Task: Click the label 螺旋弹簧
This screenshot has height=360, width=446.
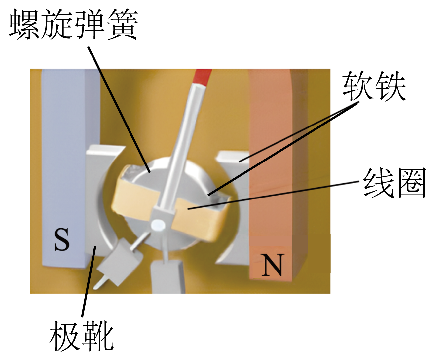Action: pyautogui.click(x=73, y=24)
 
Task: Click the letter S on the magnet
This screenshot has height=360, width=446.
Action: pyautogui.click(x=62, y=239)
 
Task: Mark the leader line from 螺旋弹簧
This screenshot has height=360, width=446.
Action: pyautogui.click(x=119, y=109)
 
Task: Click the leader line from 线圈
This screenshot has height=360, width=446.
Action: pyautogui.click(x=274, y=195)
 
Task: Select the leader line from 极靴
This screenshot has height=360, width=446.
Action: pyautogui.click(x=89, y=281)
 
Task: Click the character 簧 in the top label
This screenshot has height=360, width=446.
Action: pyautogui.click(x=123, y=24)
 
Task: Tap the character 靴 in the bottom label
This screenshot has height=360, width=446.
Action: pyautogui.click(x=98, y=336)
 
